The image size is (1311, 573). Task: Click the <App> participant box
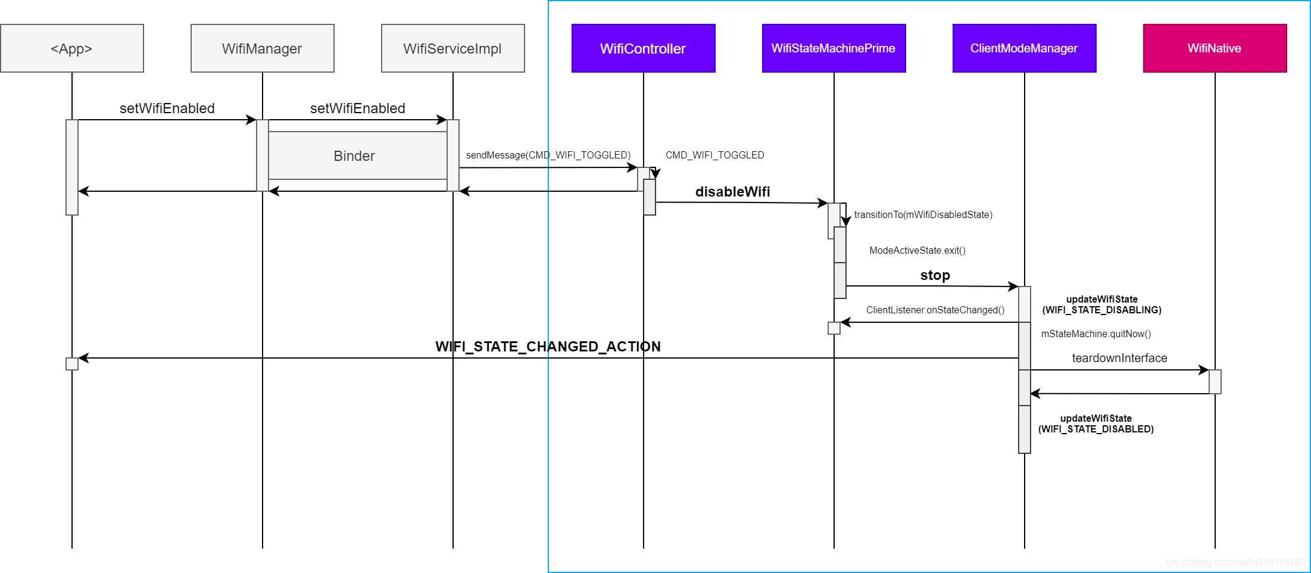[71, 48]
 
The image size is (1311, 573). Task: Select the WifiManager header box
[262, 48]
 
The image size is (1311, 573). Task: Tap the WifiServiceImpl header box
[452, 48]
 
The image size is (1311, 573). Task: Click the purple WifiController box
[643, 48]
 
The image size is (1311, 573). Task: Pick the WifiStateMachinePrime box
[834, 48]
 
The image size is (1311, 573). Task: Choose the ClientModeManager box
[1024, 48]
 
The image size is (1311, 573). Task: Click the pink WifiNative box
[1215, 48]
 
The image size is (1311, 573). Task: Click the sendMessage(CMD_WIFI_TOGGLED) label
[548, 155]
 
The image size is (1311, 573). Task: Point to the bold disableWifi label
[732, 192]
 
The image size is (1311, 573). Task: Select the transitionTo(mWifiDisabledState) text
[923, 214]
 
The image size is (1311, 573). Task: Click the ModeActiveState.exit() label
[917, 250]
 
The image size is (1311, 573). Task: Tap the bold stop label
[935, 275]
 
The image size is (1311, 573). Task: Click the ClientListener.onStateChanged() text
[935, 310]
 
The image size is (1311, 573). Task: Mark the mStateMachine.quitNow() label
[1095, 334]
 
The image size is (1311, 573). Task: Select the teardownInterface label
[1119, 358]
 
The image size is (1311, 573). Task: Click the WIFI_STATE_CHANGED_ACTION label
[548, 347]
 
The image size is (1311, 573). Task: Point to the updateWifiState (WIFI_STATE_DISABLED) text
[1095, 423]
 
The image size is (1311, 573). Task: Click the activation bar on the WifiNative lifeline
[1215, 382]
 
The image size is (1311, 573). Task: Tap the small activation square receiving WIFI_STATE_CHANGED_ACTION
[72, 364]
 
